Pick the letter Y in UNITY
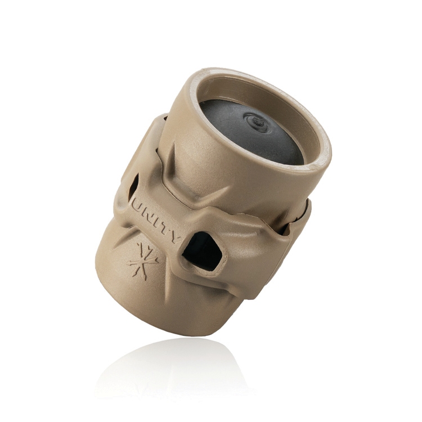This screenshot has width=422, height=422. (174, 239)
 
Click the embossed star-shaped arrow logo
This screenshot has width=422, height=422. (143, 260)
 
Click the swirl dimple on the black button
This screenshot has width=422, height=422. (257, 123)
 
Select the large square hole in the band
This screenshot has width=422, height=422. (203, 252)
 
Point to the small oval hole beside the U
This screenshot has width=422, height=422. (133, 187)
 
